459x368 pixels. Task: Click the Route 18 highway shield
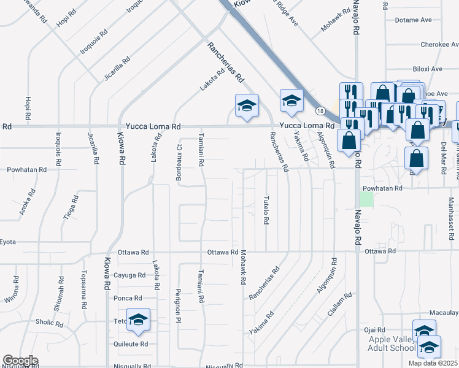coord(320,111)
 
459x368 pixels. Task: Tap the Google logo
coord(20,361)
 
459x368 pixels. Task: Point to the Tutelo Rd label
coord(266,210)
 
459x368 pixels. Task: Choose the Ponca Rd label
coord(128,298)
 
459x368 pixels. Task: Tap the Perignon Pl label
coord(179,305)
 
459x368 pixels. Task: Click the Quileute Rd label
coord(131,344)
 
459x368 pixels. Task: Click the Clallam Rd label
coord(341,307)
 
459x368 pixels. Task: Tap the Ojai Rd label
coord(374,330)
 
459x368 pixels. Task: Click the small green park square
coord(366,199)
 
